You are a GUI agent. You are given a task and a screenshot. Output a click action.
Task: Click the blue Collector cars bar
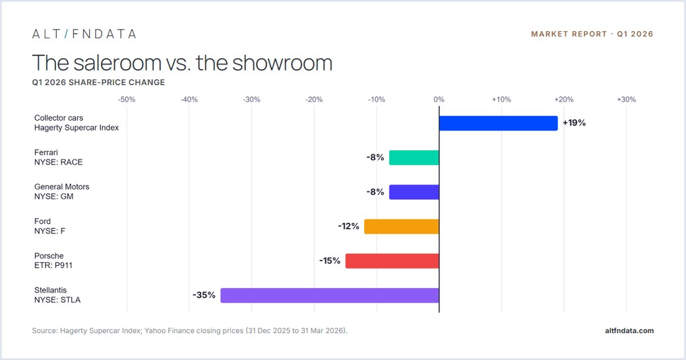click(498, 123)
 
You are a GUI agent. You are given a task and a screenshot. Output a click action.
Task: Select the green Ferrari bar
click(414, 158)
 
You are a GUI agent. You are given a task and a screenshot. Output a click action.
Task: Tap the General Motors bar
click(414, 192)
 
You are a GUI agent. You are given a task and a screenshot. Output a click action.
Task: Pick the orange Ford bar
click(402, 227)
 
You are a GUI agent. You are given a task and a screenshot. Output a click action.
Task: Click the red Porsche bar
click(392, 261)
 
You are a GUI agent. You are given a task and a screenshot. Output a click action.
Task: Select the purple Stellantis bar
click(330, 295)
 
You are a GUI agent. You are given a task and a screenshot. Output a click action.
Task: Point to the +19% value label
click(574, 123)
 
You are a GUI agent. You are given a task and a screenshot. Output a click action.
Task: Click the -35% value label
click(204, 295)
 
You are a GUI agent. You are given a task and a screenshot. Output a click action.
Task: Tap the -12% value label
click(348, 226)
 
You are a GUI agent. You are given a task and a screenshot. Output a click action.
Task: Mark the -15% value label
click(329, 260)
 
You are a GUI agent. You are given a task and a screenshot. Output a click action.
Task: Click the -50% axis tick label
click(127, 100)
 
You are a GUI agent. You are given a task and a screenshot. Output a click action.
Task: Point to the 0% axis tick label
click(439, 100)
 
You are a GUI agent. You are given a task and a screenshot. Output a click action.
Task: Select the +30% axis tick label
click(626, 100)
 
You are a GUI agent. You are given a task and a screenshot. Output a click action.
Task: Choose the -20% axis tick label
click(314, 100)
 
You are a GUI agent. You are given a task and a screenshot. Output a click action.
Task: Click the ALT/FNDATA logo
click(84, 34)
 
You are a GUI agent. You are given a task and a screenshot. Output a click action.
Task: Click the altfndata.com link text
click(629, 331)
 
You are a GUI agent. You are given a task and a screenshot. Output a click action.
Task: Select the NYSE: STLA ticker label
click(57, 300)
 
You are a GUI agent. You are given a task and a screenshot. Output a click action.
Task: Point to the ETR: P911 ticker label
click(53, 266)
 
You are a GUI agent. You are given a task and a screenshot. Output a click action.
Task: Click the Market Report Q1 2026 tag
click(592, 34)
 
